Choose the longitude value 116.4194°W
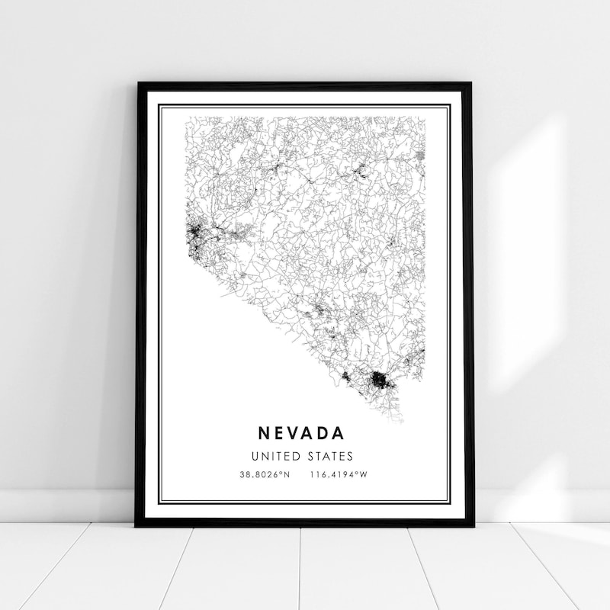(x=339, y=475)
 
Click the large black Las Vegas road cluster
(x=380, y=379)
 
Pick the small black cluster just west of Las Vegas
(x=346, y=376)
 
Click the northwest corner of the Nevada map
(x=188, y=118)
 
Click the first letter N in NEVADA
(x=264, y=433)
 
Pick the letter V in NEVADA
(x=294, y=433)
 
